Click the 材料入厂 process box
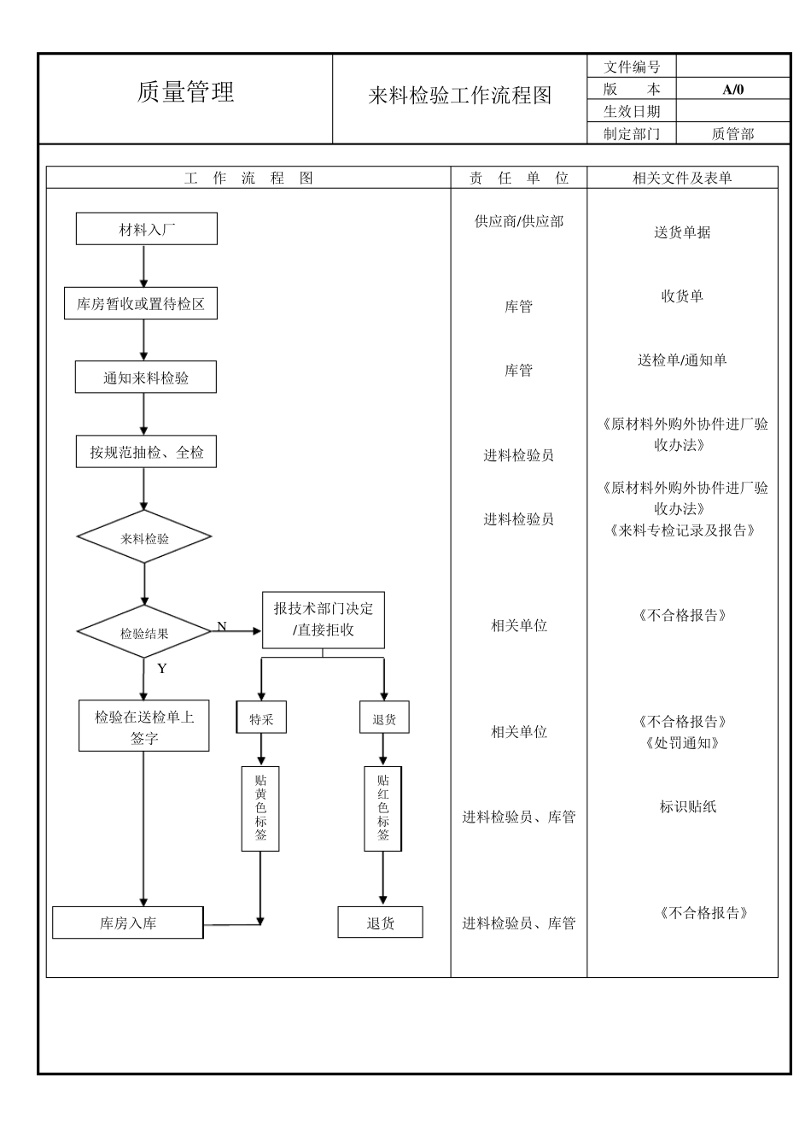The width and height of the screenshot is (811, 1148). coord(147,229)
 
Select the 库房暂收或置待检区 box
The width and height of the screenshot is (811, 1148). coord(141,303)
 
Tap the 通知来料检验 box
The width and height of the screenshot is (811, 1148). coord(146,378)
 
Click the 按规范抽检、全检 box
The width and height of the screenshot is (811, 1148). coord(146,452)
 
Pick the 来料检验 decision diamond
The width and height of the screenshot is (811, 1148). coord(144,537)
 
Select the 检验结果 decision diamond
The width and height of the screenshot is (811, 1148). coord(144,633)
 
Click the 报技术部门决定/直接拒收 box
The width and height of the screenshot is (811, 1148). coord(323,619)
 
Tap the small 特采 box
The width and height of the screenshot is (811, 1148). coord(261,718)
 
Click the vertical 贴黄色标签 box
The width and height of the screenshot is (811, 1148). coord(260,807)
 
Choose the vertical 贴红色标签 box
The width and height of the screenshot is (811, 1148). coord(382,807)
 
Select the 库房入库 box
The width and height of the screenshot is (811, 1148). coord(128,922)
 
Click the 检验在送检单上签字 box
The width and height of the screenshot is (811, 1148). coord(144,726)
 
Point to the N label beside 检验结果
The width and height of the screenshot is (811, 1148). coord(222,626)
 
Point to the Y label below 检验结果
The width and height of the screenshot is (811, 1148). coord(162,668)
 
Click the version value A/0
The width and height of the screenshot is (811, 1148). coord(732,89)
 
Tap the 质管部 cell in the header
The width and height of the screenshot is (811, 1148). coord(732,133)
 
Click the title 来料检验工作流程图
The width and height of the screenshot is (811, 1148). coord(459,96)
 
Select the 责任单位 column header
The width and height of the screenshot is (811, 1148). coord(518,178)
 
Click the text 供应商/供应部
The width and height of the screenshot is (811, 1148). coord(518,221)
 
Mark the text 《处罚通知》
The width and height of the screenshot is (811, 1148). coord(682,742)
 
